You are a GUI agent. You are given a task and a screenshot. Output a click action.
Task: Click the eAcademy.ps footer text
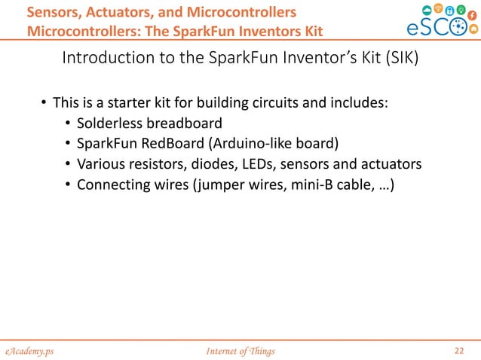[x=31, y=350]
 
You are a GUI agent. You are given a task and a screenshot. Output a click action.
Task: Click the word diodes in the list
[x=206, y=164]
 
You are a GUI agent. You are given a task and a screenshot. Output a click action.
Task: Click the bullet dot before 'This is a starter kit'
[x=44, y=102]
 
